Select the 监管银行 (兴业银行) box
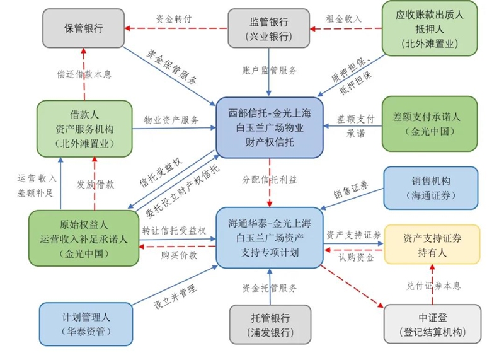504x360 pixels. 269,28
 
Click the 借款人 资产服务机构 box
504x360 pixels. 84,129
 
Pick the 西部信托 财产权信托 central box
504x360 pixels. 269,129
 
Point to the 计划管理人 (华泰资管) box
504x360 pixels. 86,323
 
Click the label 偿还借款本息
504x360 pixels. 89,74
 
